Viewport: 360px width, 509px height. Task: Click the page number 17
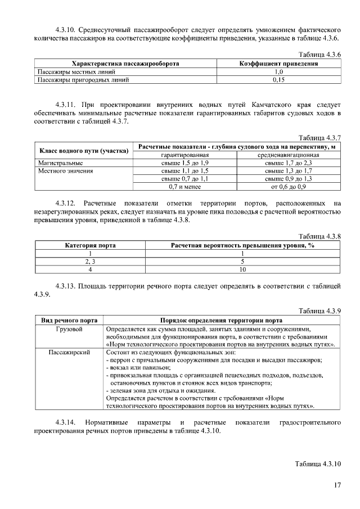(337, 485)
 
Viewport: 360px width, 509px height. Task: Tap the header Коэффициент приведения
(278, 64)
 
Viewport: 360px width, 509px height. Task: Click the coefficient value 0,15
(278, 80)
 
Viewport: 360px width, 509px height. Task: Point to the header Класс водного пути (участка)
(83, 150)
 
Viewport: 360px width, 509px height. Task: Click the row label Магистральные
(56, 163)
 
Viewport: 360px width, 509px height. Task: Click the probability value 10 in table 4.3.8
(242, 269)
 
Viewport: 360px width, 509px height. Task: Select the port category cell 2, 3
(89, 262)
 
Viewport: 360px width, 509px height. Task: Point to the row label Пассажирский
(69, 352)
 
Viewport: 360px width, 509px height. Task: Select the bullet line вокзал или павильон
(139, 367)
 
